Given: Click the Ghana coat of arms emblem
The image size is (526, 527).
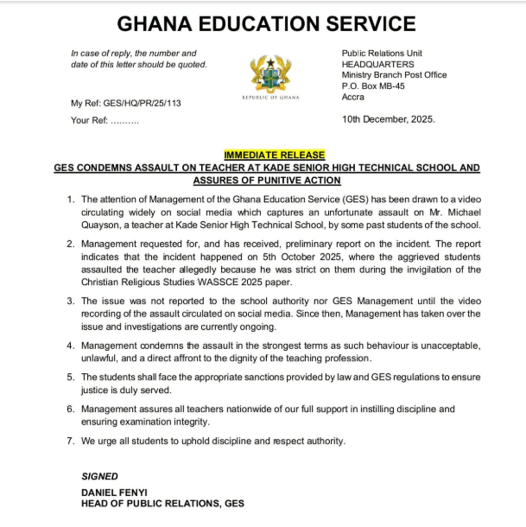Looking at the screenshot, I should tap(270, 73).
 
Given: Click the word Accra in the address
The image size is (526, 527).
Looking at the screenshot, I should tap(354, 97).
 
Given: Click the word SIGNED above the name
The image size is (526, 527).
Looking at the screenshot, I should tap(99, 475).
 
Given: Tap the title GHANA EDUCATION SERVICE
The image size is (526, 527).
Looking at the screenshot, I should tap(266, 24).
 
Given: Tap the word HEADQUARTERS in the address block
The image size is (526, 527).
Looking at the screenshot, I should tap(378, 64).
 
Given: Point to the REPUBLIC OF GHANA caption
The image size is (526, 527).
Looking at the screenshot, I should tap(270, 98).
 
